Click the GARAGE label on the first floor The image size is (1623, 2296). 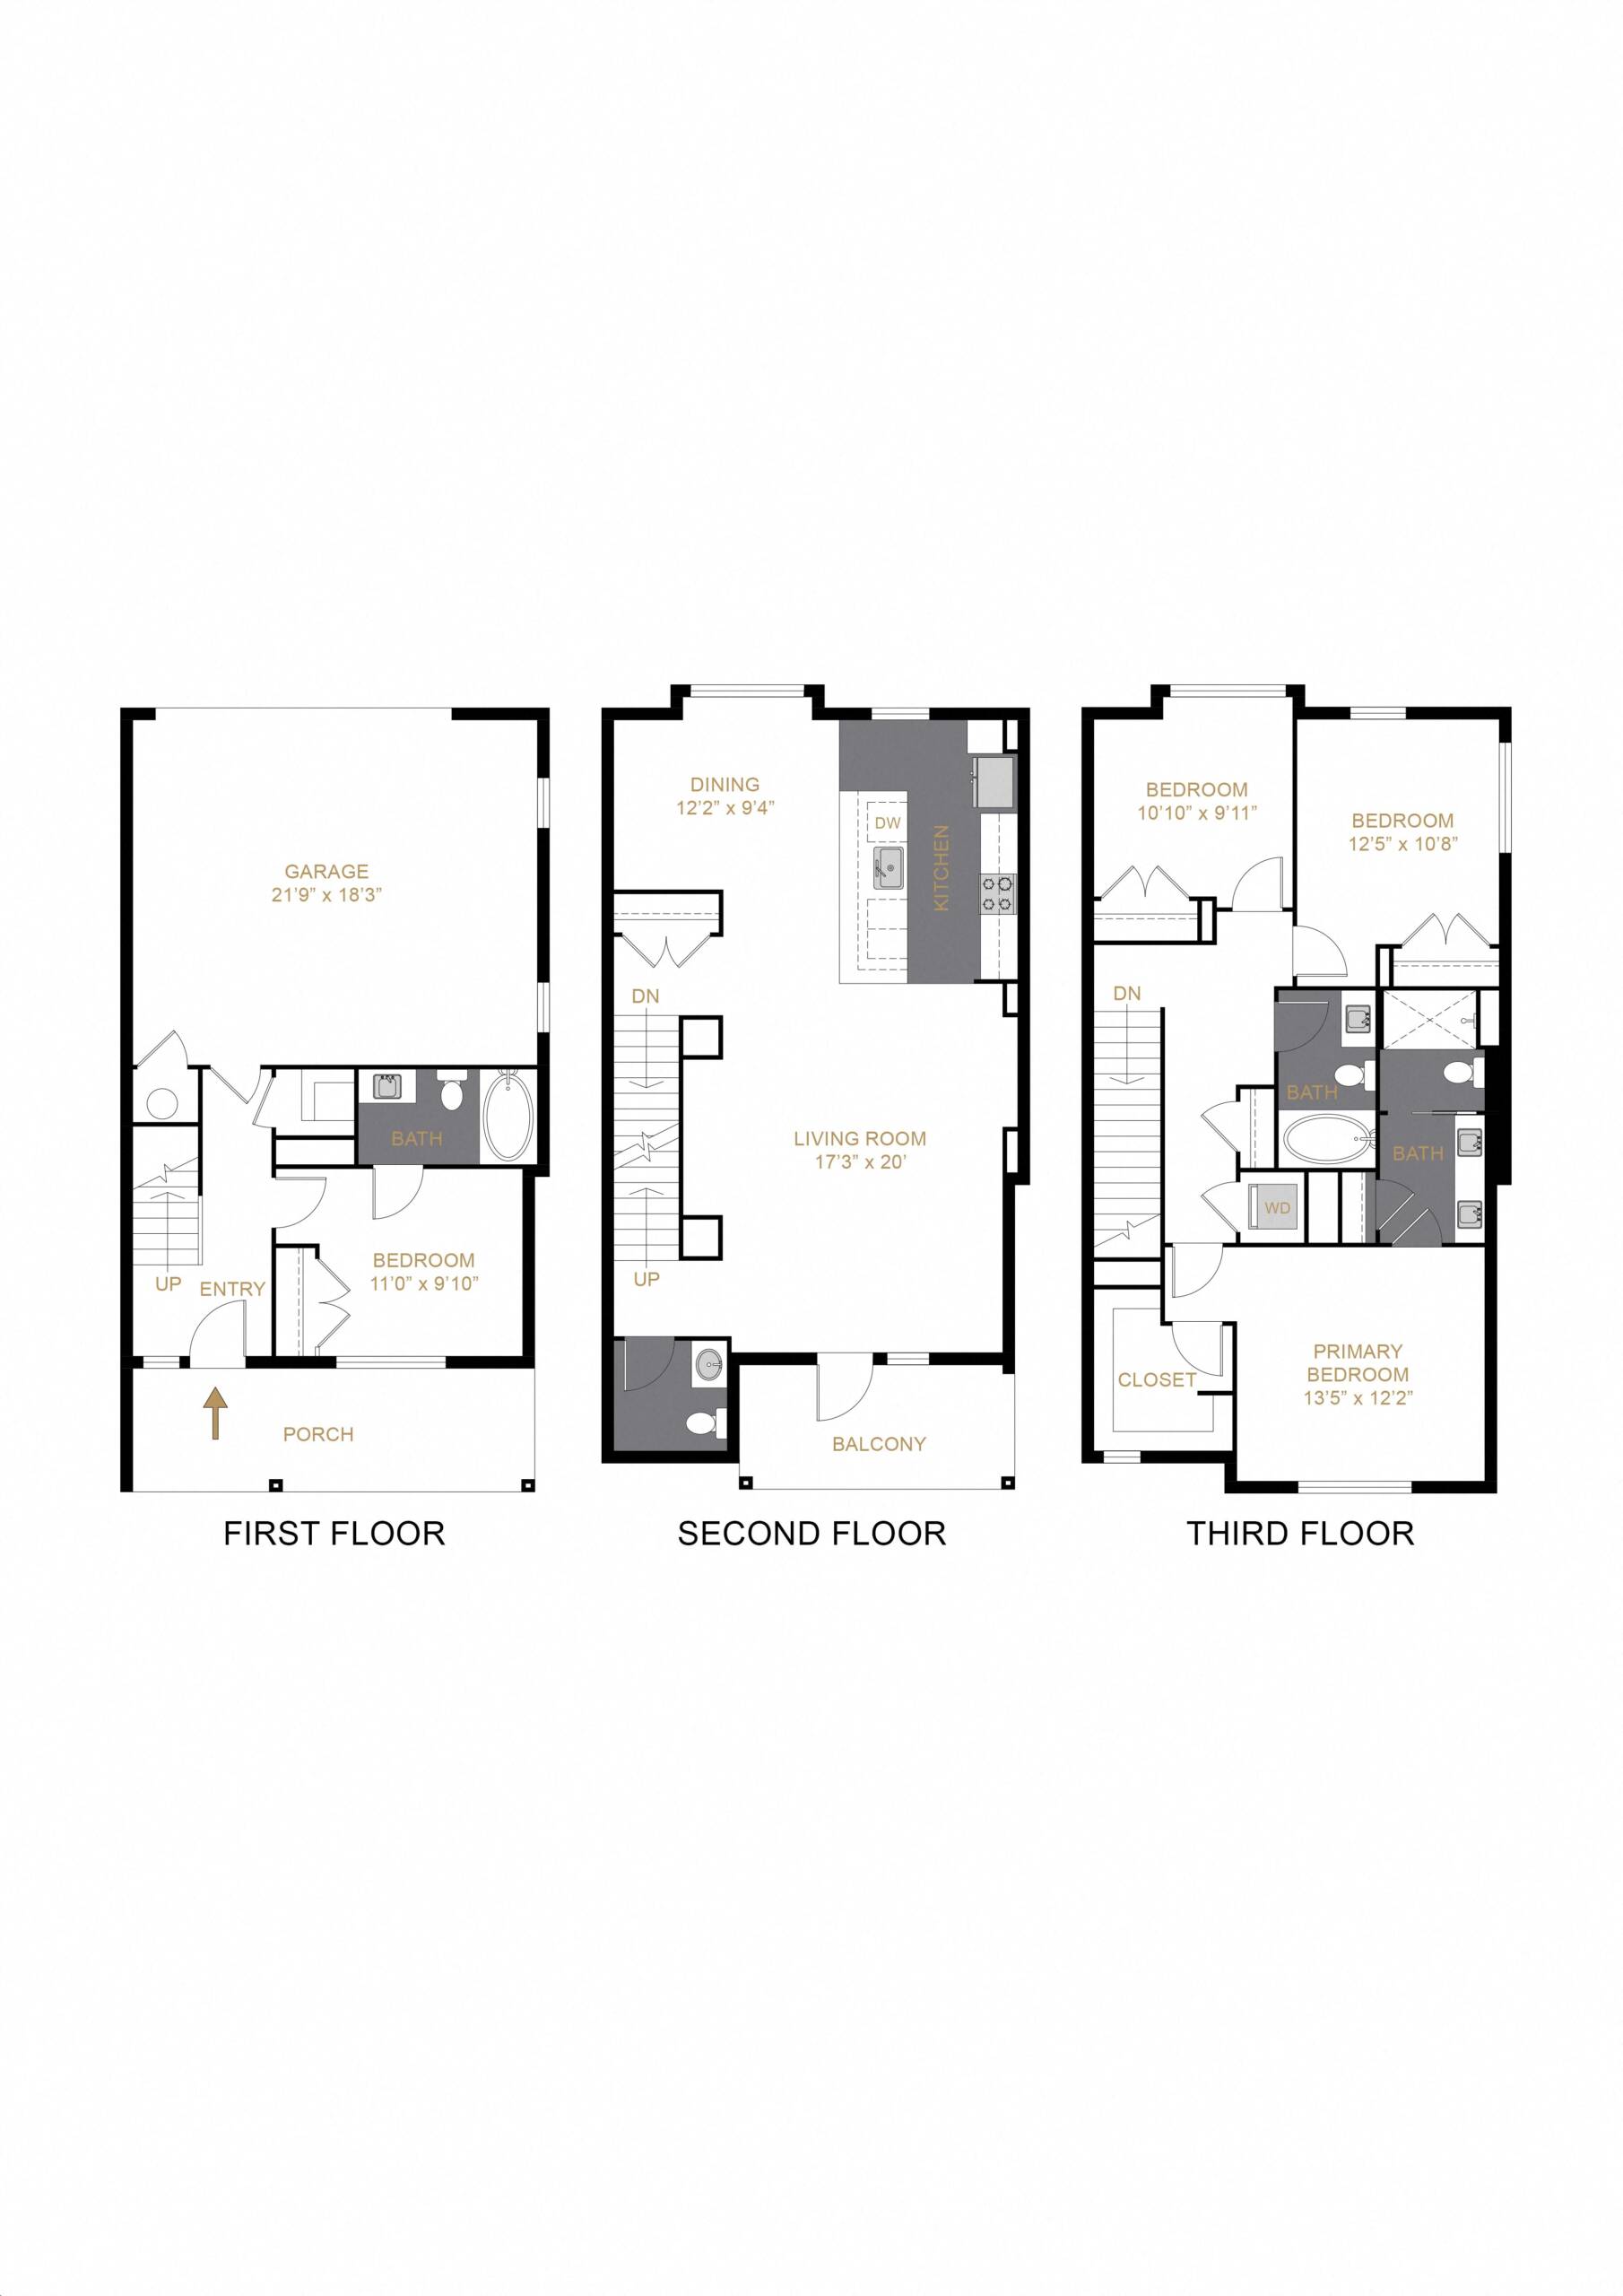point(326,871)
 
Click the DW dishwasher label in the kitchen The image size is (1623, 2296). point(887,823)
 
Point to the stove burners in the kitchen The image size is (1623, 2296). point(998,892)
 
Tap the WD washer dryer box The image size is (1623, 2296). point(1277,1208)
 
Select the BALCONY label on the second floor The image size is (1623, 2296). point(878,1443)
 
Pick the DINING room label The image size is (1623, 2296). point(725,785)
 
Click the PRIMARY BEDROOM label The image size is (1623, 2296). point(1357,1362)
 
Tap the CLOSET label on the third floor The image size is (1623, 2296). point(1157,1379)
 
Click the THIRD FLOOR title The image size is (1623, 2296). point(1300,1533)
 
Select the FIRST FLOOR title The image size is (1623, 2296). point(334,1533)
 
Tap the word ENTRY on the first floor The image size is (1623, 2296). point(232,1289)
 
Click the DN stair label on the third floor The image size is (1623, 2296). point(1127,993)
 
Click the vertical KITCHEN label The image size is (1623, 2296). point(940,867)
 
